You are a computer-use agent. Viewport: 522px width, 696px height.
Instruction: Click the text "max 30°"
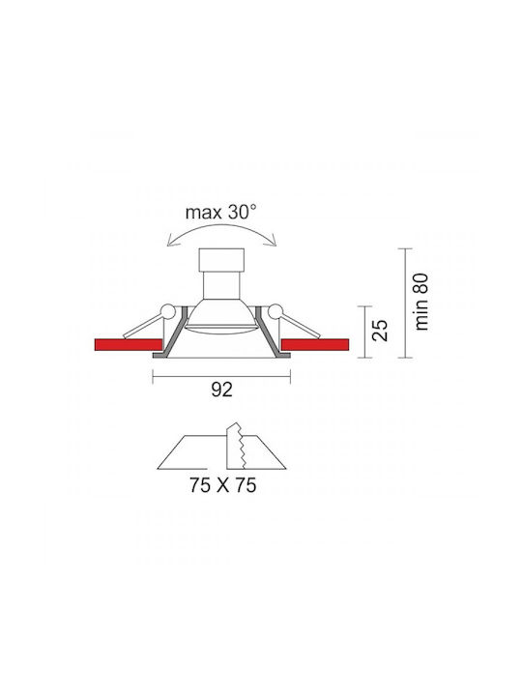pyautogui.click(x=220, y=213)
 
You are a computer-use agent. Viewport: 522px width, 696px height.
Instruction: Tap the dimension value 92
pyautogui.click(x=221, y=390)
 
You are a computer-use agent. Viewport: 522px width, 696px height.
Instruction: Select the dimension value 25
pyautogui.click(x=380, y=330)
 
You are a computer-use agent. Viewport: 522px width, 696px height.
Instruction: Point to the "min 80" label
pyautogui.click(x=421, y=302)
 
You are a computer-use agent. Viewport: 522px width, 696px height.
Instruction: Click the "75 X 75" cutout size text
pyautogui.click(x=223, y=484)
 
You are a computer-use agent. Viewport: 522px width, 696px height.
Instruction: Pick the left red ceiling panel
pyautogui.click(x=129, y=345)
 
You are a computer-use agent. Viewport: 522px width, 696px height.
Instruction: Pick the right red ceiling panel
pyautogui.click(x=315, y=345)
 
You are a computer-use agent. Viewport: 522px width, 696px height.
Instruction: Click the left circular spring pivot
pyautogui.click(x=168, y=311)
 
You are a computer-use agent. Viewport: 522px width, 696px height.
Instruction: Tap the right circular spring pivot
pyautogui.click(x=275, y=311)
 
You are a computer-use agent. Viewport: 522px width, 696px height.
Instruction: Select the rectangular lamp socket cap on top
pyautogui.click(x=221, y=260)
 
